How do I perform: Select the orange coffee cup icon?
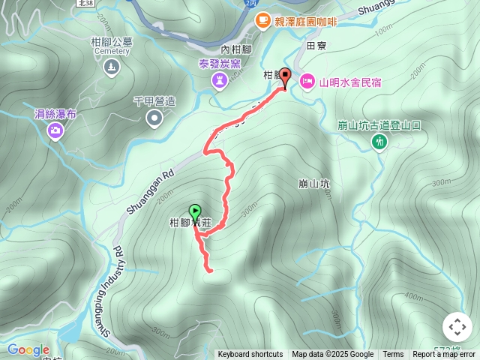click(x=262, y=21)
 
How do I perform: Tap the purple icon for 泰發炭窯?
click(x=219, y=79)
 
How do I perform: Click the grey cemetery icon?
click(x=112, y=68)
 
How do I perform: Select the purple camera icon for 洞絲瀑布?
click(x=55, y=132)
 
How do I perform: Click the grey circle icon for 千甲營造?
click(x=154, y=117)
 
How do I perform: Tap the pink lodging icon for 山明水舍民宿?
click(x=307, y=80)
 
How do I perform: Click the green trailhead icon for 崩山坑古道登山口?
click(x=380, y=142)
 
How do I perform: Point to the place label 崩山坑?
click(x=314, y=183)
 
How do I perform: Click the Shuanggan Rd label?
click(x=151, y=182)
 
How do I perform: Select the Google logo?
click(x=28, y=349)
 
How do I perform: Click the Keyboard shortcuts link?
click(x=250, y=355)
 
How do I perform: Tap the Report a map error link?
click(x=444, y=355)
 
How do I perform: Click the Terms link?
click(x=393, y=355)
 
